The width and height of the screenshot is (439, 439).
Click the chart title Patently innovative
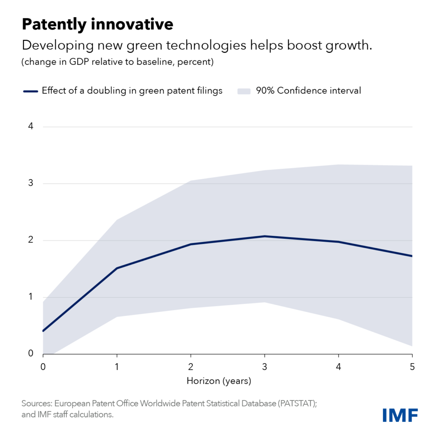[x=97, y=24]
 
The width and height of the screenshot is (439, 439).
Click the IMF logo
[x=400, y=415]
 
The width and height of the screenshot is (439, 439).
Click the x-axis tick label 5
[x=412, y=367]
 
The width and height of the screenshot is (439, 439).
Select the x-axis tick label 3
[x=265, y=367]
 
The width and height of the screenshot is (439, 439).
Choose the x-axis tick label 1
[x=117, y=367]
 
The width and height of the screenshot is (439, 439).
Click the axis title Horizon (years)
[x=219, y=381]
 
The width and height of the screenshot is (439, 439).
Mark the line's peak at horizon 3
[x=265, y=236]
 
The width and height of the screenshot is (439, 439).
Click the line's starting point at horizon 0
[x=43, y=331]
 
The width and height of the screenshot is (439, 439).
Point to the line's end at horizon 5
[x=412, y=256]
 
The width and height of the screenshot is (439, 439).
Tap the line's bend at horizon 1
[x=117, y=268]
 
